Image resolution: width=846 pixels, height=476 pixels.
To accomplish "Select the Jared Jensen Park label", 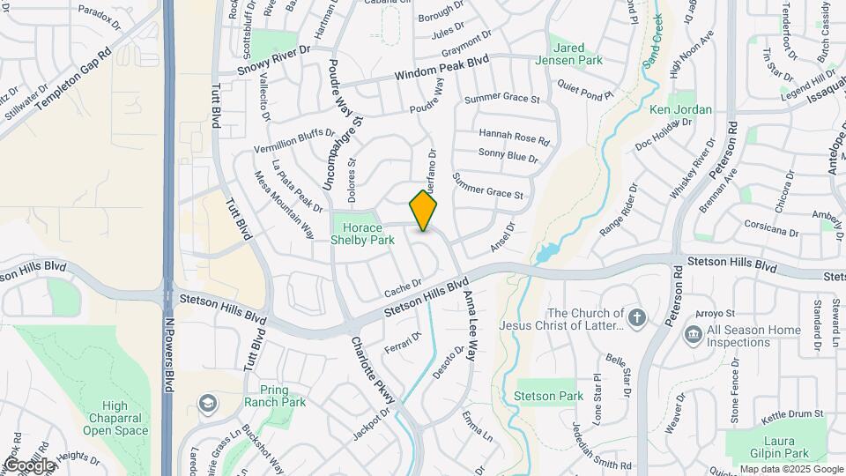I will point(577,54).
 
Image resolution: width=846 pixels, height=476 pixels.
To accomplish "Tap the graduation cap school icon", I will point(207,405).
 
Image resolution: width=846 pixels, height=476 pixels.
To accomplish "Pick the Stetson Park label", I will point(548,396).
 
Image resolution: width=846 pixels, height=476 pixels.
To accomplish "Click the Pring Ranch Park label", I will point(282,396).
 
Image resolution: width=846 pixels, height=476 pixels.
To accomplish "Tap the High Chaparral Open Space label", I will point(115,419).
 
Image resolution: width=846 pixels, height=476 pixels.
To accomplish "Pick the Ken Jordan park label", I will point(680,109).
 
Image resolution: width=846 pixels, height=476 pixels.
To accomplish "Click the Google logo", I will point(29,465).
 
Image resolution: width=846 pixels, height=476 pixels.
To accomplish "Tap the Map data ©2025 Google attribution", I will point(790,469).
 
